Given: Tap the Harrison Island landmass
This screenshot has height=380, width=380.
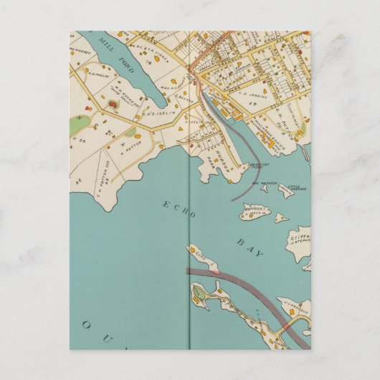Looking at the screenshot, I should coord(251,212).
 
